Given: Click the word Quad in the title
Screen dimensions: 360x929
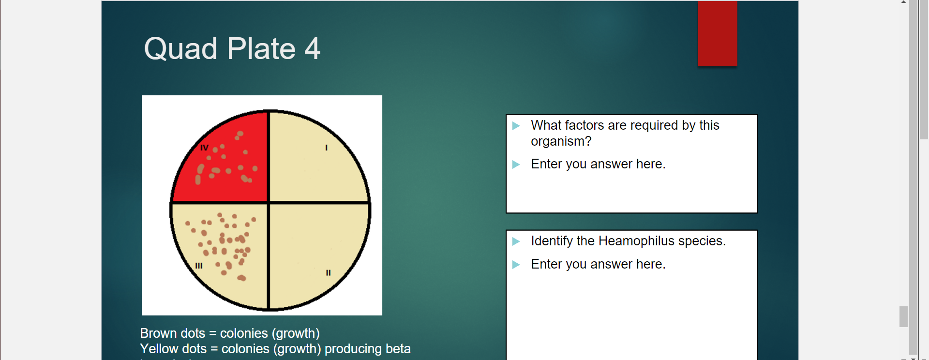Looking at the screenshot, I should tap(180, 49).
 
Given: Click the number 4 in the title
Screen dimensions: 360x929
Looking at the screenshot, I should tap(312, 49).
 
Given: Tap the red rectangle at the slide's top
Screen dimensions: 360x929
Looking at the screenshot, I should tap(717, 33).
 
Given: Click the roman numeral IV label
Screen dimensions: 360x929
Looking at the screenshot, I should tap(204, 148).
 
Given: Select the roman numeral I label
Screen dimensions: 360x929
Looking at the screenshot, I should tap(326, 148).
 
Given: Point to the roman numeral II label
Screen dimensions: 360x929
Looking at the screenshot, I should tap(328, 273).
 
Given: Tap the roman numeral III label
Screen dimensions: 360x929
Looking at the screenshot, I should tap(199, 266).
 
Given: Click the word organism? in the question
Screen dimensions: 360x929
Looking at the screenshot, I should tap(561, 141).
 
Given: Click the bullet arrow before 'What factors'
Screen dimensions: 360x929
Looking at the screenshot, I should tap(516, 126).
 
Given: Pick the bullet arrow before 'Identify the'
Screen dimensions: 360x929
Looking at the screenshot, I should tap(516, 241).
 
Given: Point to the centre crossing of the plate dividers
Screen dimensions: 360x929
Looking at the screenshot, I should tap(269, 203).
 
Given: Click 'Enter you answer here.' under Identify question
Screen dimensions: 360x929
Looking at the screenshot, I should tap(598, 264).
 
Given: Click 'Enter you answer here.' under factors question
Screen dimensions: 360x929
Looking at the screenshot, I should tap(598, 164).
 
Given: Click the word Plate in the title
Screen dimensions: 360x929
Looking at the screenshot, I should tap(261, 49).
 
